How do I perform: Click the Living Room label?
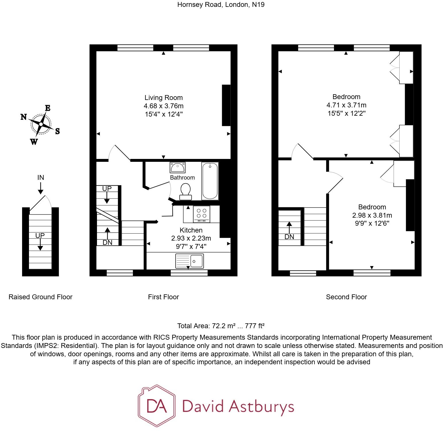coord(163,98)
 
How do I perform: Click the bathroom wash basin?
coord(178,167)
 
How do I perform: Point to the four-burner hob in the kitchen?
coord(201,214)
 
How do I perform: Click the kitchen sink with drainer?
coord(189,261)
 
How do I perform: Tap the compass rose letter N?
coord(24,117)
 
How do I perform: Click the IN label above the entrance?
coord(41,178)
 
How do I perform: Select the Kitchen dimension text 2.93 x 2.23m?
coord(191,238)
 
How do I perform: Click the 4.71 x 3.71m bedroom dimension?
coord(346,105)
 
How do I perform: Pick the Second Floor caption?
coord(346,297)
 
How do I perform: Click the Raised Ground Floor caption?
coord(40,297)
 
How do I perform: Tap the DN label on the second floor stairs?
coord(289,237)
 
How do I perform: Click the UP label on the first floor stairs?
coord(107,189)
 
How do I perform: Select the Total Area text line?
coord(221,326)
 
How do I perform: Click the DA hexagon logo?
coord(156,406)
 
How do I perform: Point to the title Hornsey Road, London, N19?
coord(221,5)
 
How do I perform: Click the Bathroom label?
coord(182,178)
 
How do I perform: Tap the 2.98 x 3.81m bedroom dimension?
coord(372,215)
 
